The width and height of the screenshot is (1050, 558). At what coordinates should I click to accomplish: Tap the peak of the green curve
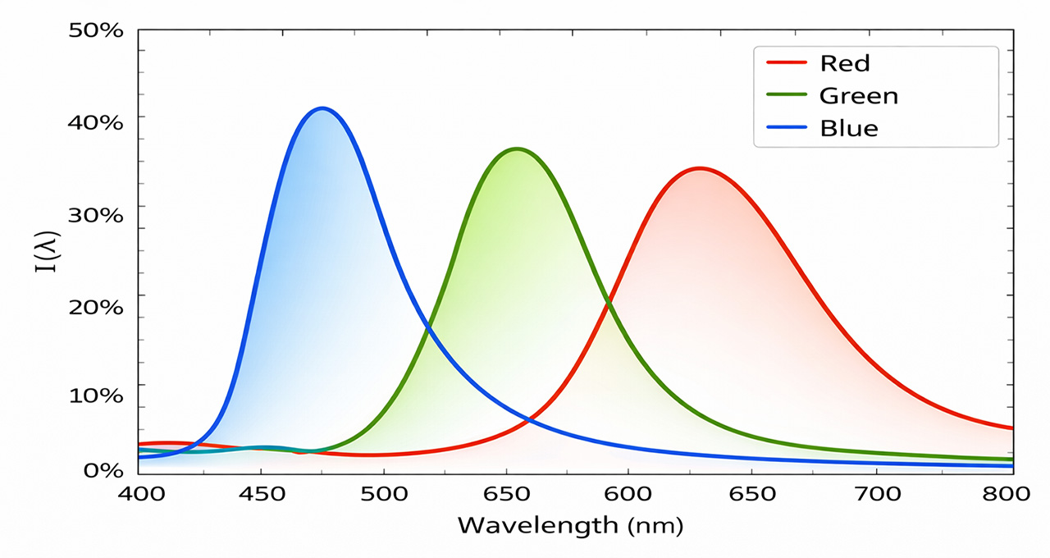click(517, 149)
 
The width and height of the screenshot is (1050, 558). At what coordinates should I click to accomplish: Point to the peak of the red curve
click(700, 168)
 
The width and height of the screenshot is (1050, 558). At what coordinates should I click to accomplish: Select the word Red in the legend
click(844, 63)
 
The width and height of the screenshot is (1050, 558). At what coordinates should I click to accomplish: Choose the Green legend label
click(859, 96)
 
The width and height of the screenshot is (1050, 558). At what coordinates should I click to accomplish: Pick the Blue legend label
click(848, 129)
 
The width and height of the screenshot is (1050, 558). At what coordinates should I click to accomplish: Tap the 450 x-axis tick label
click(261, 495)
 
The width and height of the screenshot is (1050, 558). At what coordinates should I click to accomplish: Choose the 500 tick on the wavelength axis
click(384, 495)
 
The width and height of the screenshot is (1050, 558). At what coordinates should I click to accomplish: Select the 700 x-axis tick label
click(877, 495)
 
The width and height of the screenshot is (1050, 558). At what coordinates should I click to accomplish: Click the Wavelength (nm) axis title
click(569, 525)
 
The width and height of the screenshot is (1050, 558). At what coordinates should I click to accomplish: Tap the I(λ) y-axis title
click(46, 250)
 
